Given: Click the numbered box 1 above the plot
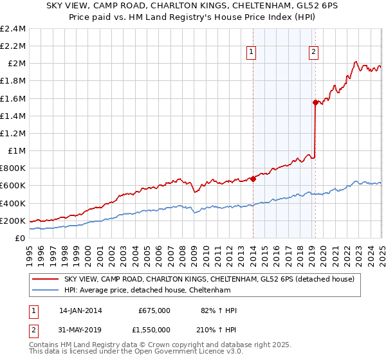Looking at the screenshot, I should pyautogui.click(x=250, y=53).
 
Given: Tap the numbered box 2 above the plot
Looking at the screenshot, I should pyautogui.click(x=313, y=53).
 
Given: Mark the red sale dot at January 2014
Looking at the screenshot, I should pyautogui.click(x=253, y=179).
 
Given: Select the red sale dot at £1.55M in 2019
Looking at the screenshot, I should pyautogui.click(x=315, y=102).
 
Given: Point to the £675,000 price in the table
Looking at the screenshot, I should pyautogui.click(x=154, y=310).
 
